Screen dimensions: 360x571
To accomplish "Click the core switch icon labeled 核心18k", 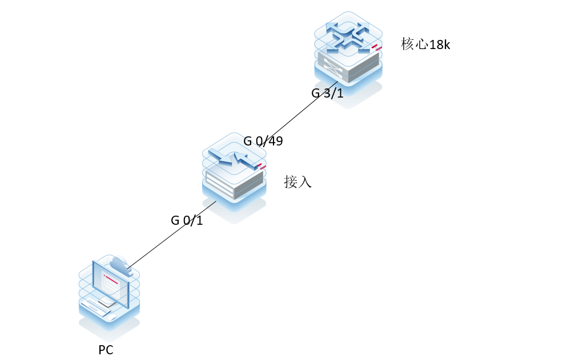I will click(x=348, y=54).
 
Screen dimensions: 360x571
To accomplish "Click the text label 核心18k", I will click(x=425, y=45).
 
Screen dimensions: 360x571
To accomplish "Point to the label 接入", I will click(x=297, y=183).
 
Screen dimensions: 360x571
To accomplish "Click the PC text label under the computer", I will click(x=106, y=350).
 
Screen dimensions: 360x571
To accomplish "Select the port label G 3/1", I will click(x=327, y=94).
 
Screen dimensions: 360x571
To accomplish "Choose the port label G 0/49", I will click(x=263, y=141).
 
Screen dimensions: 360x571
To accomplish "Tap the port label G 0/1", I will click(x=187, y=220).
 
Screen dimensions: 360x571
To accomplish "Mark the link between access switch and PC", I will click(x=171, y=234).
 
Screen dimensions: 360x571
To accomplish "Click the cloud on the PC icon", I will click(x=120, y=265).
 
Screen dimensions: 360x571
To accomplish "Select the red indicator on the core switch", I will click(x=375, y=47).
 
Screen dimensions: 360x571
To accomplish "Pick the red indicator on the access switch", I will click(x=260, y=166).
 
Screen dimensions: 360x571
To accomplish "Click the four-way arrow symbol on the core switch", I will click(x=347, y=35).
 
